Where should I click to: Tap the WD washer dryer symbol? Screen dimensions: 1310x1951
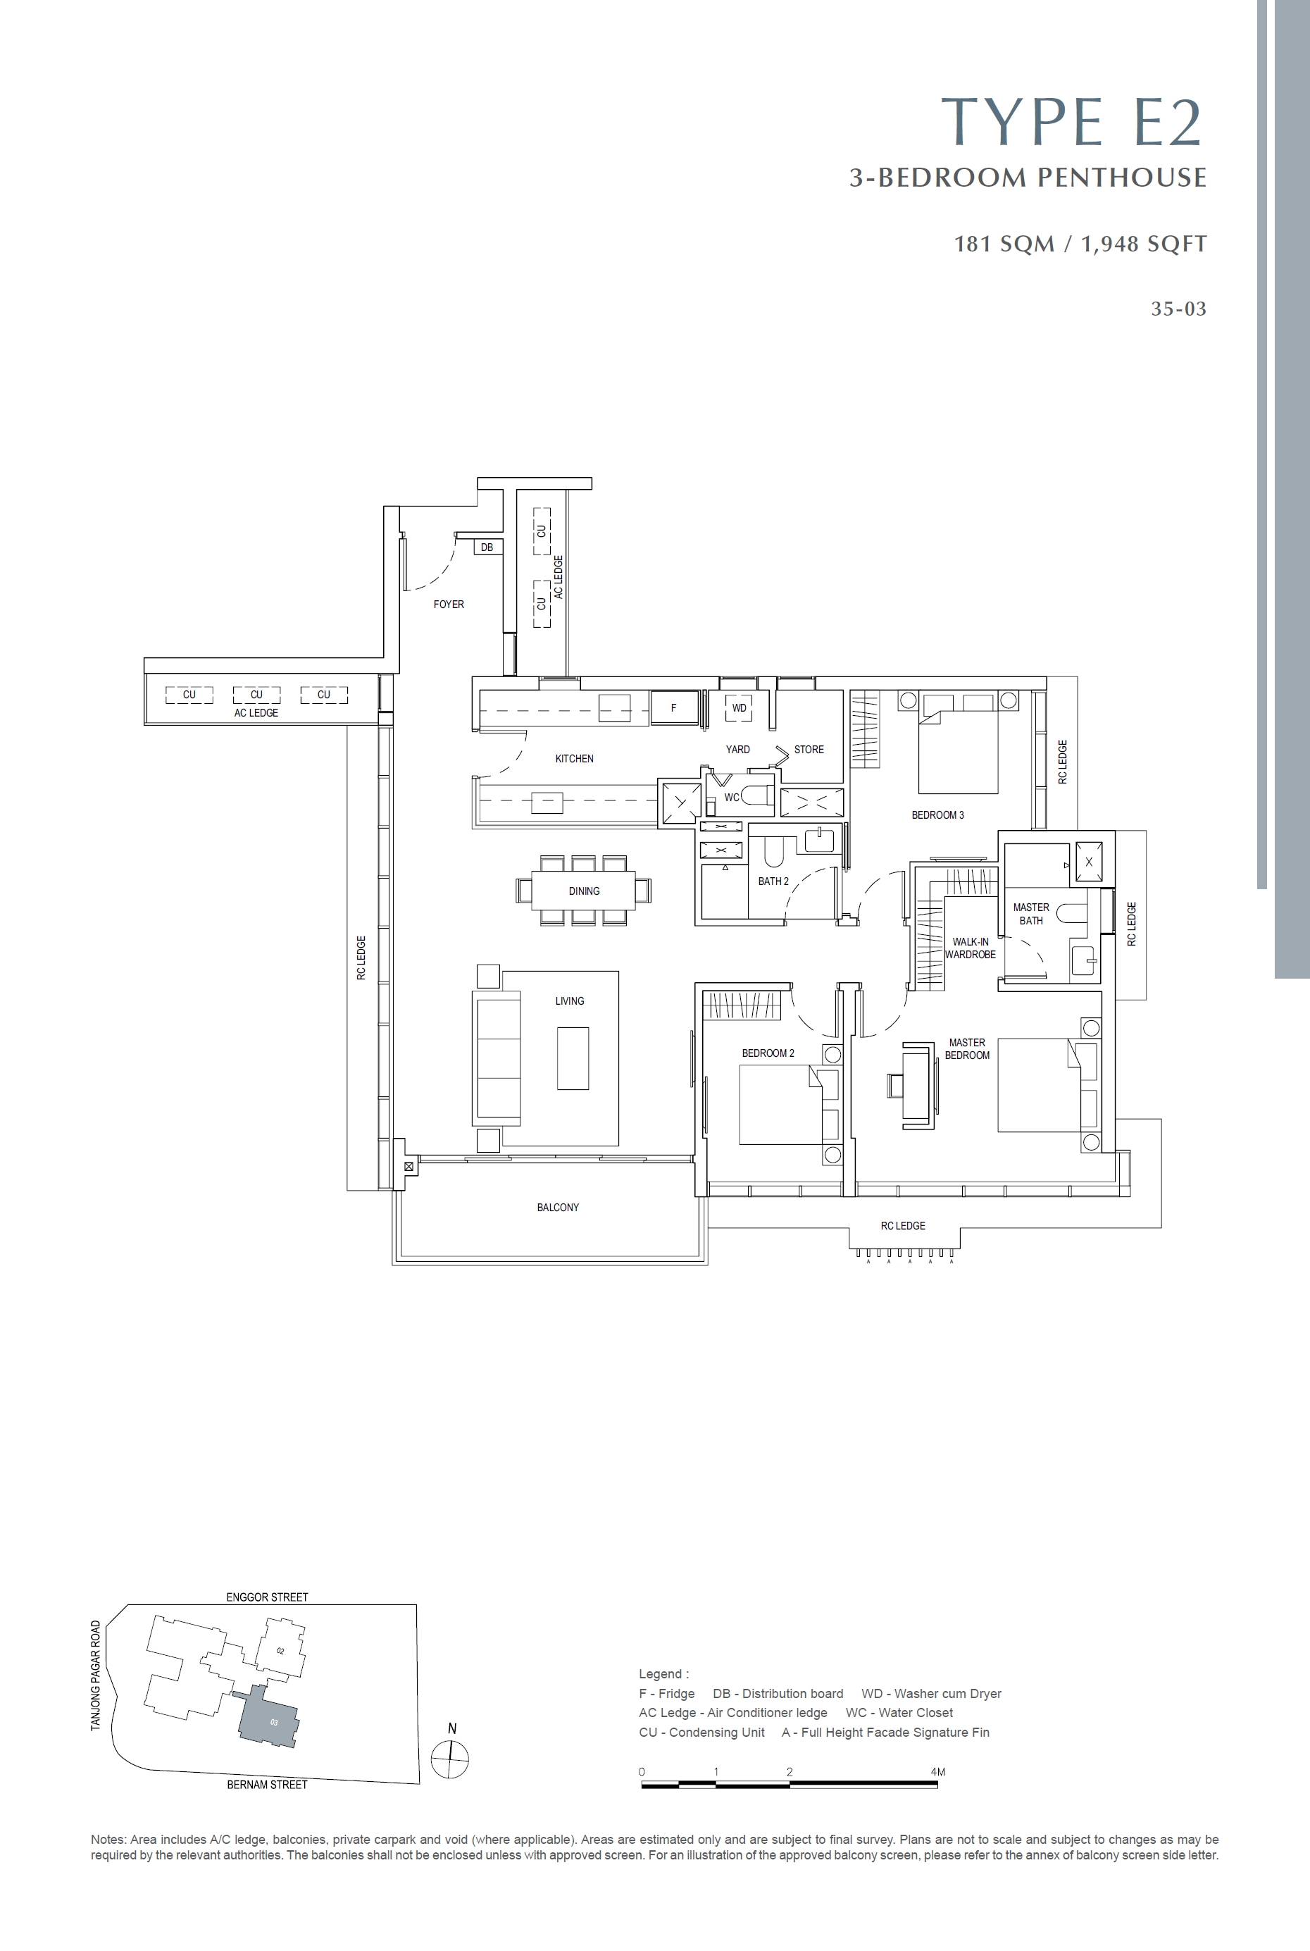coord(740,707)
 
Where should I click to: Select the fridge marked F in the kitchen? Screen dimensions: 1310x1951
coord(674,707)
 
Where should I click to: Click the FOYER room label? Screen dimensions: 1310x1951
coord(449,604)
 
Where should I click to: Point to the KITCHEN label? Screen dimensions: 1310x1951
coord(575,759)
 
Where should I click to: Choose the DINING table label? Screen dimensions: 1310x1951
coord(584,891)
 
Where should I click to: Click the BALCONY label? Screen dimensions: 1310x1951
coord(558,1208)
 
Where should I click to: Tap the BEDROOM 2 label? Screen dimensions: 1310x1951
coord(768,1053)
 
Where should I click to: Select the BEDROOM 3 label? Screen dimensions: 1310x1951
coord(937,815)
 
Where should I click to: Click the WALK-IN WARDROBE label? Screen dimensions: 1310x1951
coord(970,948)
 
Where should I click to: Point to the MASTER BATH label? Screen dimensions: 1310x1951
coord(1031,914)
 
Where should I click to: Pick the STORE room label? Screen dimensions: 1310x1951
coord(809,750)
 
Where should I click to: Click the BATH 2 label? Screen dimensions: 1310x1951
coord(773,881)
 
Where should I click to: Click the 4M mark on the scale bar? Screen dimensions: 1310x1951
coord(937,1772)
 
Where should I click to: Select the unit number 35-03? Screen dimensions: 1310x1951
coord(1179,309)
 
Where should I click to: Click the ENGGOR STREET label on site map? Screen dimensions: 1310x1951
coord(268,1597)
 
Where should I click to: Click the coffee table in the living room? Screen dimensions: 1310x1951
coord(573,1058)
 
